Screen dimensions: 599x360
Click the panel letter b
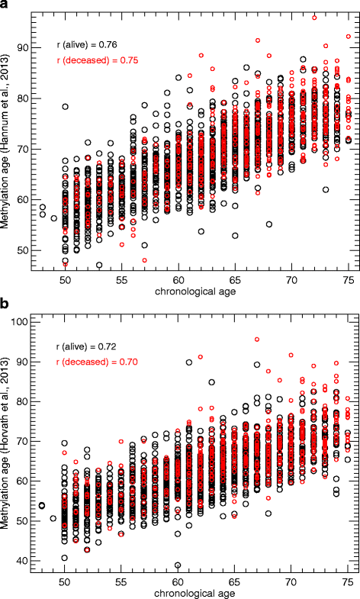click(x=5, y=307)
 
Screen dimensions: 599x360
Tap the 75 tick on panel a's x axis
click(x=347, y=281)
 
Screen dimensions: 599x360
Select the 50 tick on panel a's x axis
click(x=65, y=281)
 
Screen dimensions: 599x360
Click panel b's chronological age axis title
click(x=194, y=592)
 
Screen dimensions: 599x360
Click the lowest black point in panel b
click(x=178, y=565)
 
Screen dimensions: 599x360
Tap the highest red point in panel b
click(x=257, y=339)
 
